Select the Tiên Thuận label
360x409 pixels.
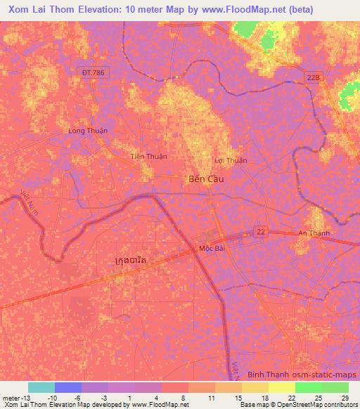[149, 156]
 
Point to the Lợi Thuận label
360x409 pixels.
[231, 160]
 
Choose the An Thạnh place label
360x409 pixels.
[314, 233]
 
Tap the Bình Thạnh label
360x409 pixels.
[265, 375]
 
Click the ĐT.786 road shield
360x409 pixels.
[92, 72]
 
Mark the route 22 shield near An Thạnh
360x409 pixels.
[262, 231]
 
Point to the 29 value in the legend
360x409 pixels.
[345, 398]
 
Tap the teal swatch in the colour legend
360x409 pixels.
[41, 387]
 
